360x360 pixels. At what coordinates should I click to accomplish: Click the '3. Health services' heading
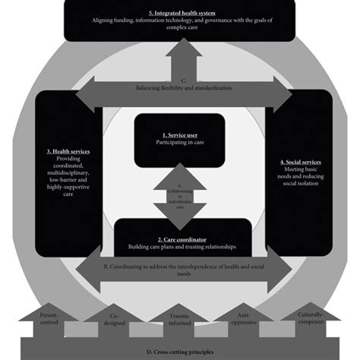point(68,151)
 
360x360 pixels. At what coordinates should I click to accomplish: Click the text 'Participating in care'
point(180,142)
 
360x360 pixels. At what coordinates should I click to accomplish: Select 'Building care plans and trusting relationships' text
point(182,247)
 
